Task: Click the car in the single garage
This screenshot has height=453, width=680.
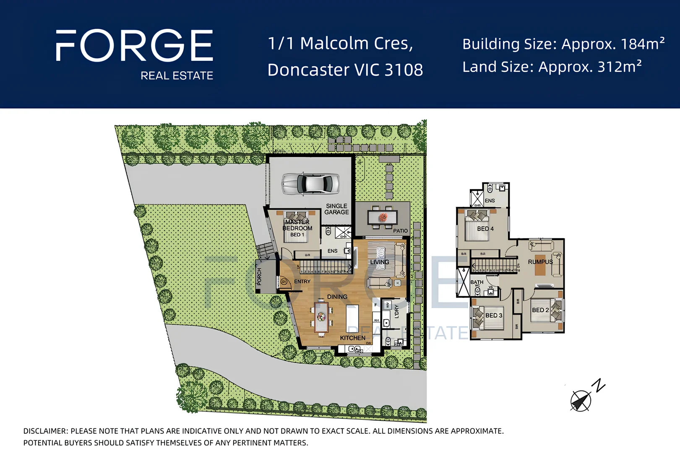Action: click(x=310, y=184)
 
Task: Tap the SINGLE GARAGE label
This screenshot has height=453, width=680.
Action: click(x=336, y=209)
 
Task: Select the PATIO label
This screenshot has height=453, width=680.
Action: click(x=400, y=231)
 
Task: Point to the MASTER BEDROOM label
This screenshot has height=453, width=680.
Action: click(x=297, y=225)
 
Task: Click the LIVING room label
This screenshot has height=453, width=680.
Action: click(x=379, y=262)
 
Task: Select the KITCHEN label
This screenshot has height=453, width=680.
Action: click(x=352, y=338)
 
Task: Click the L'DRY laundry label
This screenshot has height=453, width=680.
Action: click(x=396, y=311)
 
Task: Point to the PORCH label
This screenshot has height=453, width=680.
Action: click(x=259, y=276)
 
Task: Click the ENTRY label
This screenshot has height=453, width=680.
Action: click(x=302, y=281)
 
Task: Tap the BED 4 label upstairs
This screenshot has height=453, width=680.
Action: click(x=485, y=229)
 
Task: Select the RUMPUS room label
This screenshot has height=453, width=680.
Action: click(x=540, y=262)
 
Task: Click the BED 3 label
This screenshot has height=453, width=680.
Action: click(x=494, y=315)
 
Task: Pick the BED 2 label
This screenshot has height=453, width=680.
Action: click(x=540, y=310)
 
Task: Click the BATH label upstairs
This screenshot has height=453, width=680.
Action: click(x=477, y=282)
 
